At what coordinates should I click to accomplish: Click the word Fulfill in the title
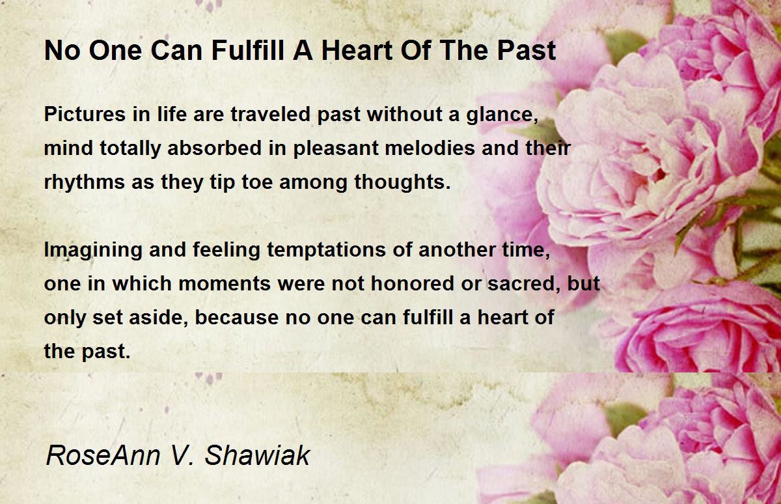(x=248, y=50)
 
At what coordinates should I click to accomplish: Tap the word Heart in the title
(x=357, y=50)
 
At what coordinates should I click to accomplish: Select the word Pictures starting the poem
(x=85, y=114)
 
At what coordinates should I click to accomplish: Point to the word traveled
(x=270, y=114)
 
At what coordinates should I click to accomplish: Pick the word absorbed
(x=214, y=148)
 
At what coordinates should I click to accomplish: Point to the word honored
(x=412, y=283)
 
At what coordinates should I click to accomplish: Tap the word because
(x=237, y=317)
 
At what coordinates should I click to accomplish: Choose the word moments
(x=225, y=284)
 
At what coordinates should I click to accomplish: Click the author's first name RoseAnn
(x=103, y=455)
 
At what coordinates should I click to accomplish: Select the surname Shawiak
(x=257, y=455)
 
